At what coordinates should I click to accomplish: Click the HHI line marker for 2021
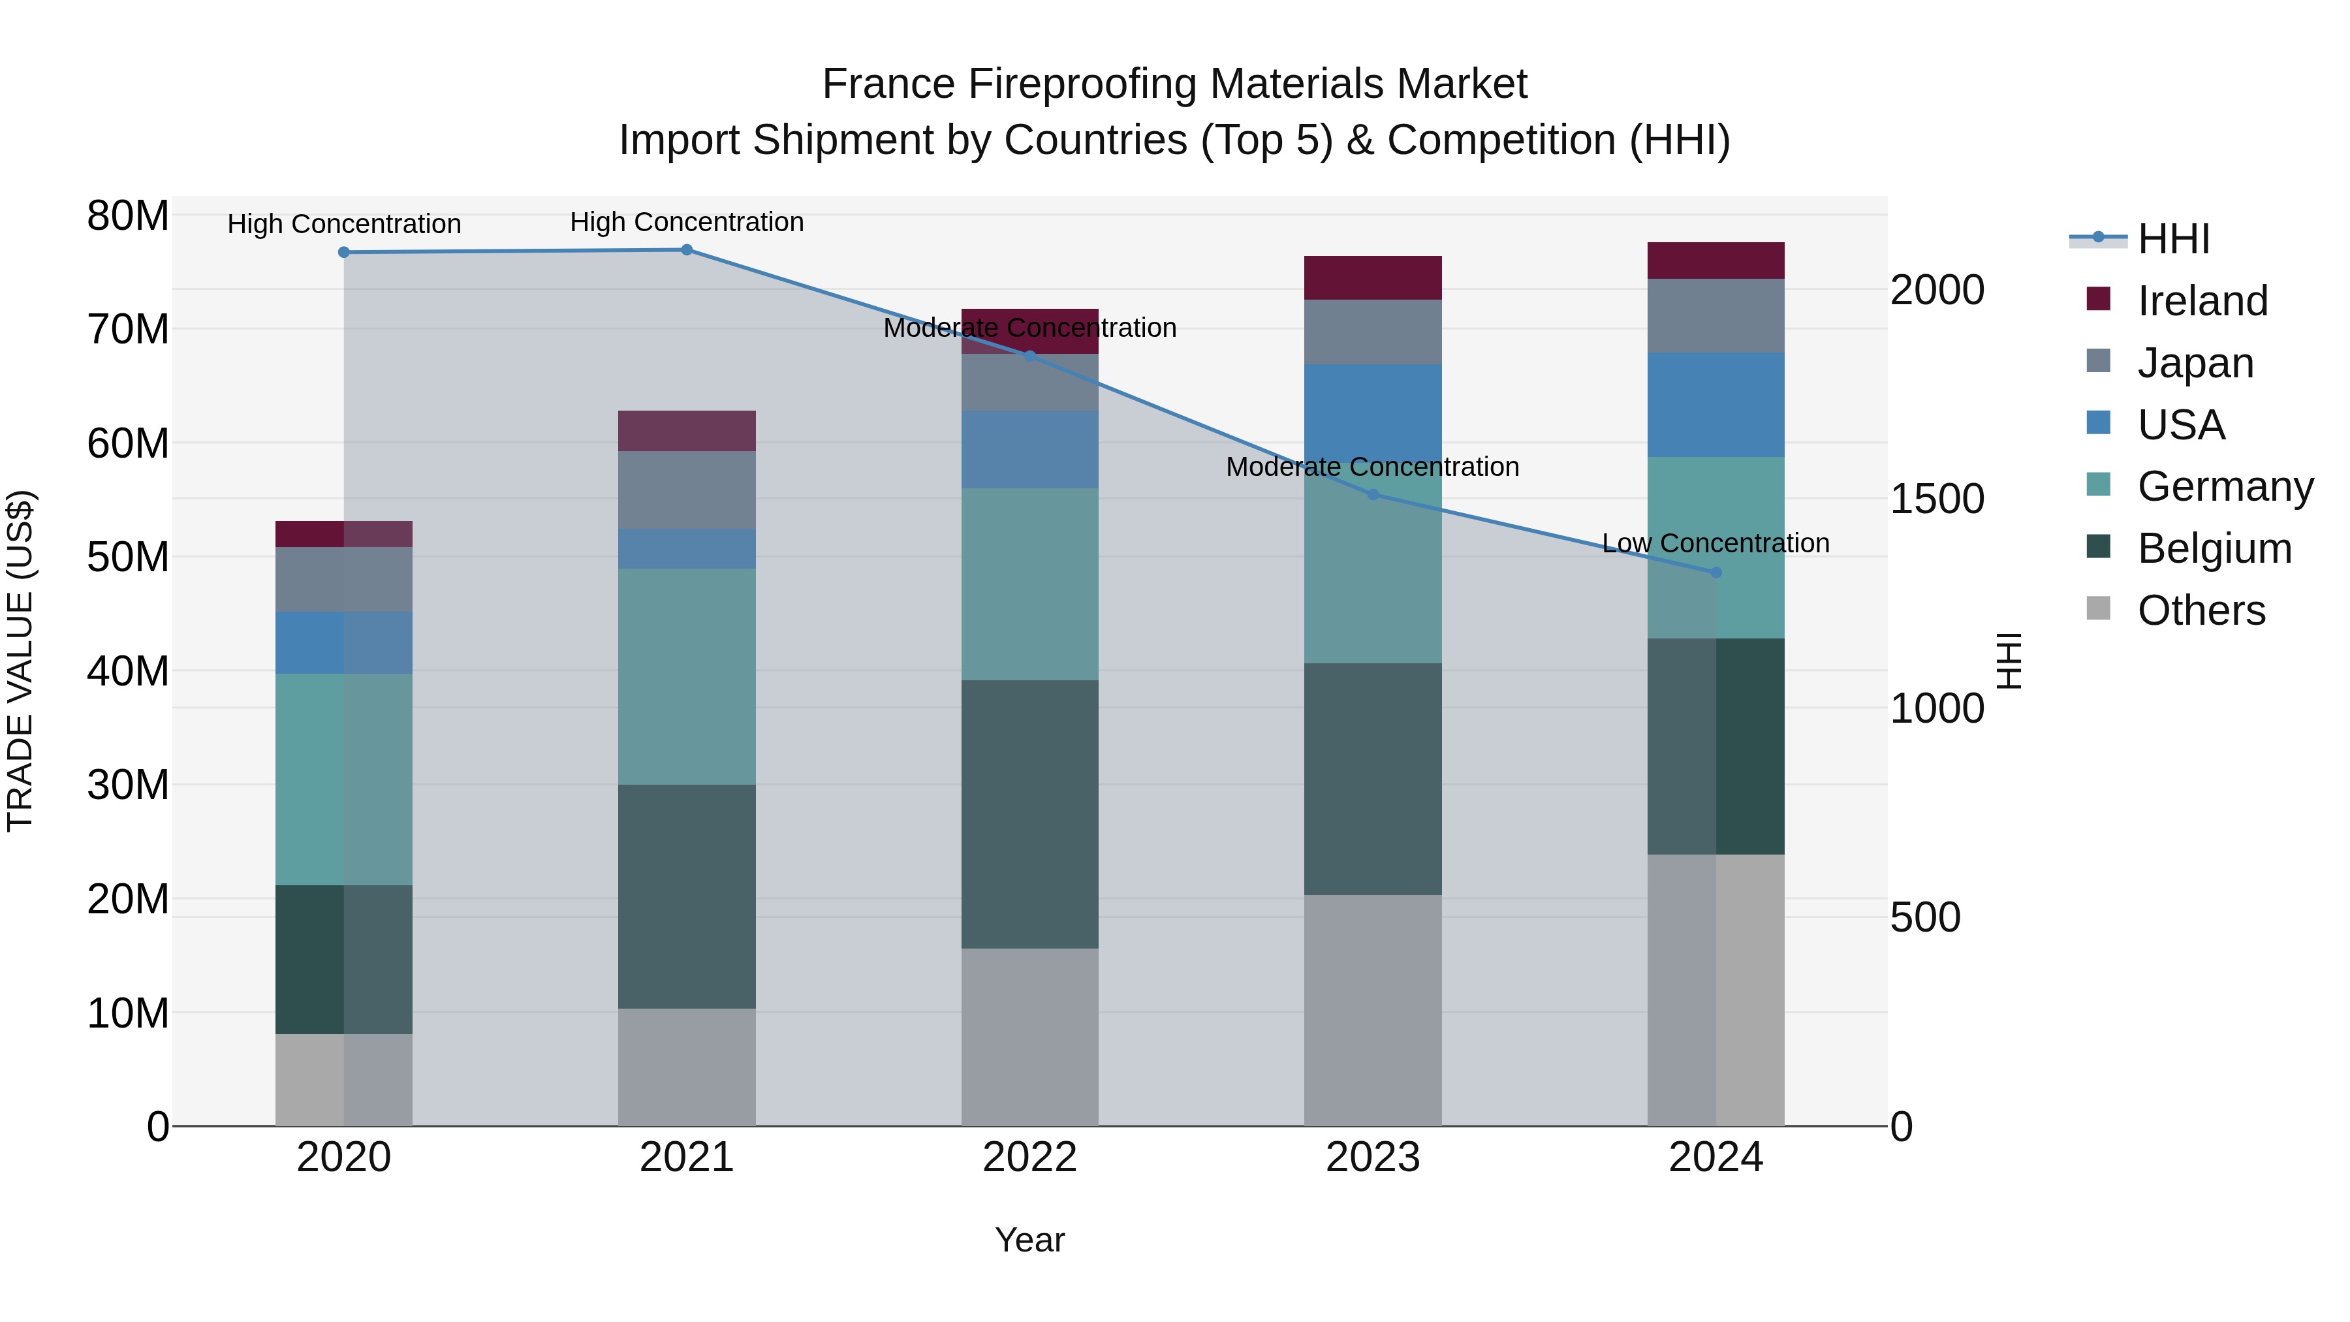tap(687, 250)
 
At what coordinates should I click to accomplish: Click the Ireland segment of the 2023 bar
tap(1373, 278)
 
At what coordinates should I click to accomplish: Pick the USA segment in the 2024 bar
tap(1716, 405)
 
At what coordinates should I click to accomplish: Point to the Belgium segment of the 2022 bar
tap(1030, 814)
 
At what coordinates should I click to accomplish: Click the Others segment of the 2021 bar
tap(687, 1067)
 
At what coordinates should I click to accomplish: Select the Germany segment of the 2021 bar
tap(687, 677)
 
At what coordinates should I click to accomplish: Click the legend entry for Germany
tap(2225, 486)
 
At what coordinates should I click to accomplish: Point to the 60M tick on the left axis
tap(128, 443)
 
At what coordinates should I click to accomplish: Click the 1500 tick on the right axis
tap(1937, 499)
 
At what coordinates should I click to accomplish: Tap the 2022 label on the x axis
tap(1030, 1157)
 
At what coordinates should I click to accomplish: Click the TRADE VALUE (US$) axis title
tap(20, 661)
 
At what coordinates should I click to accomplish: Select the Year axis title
tap(1030, 1240)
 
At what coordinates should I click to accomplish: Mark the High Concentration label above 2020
tap(344, 225)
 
